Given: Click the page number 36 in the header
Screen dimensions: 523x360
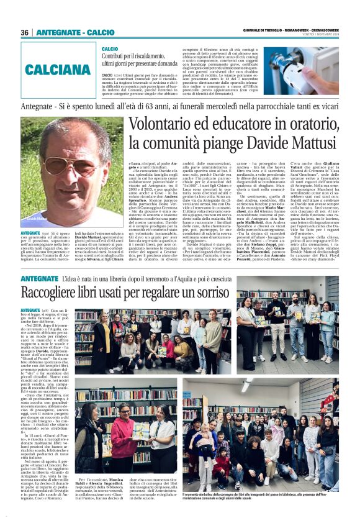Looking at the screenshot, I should [25, 32].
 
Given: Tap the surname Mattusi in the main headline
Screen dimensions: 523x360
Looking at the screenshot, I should [311, 143].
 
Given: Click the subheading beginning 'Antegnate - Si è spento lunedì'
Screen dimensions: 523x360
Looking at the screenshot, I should [180, 106].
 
